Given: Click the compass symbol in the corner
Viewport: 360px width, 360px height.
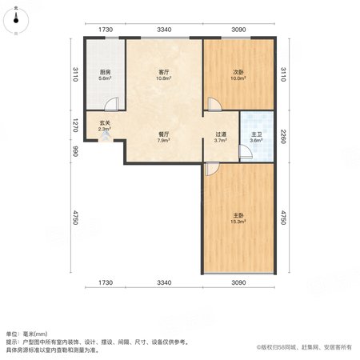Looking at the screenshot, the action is click(16, 21).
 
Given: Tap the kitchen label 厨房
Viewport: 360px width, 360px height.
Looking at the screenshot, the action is click(105, 72).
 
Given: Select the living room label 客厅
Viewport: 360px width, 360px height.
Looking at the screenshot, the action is click(164, 72).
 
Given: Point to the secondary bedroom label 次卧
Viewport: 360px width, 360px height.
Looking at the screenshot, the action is click(238, 72).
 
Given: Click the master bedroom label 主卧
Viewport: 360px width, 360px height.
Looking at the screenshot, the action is click(238, 215).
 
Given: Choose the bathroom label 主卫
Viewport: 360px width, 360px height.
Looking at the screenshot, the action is click(256, 134).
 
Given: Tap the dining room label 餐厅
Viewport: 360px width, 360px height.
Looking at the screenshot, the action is click(164, 134).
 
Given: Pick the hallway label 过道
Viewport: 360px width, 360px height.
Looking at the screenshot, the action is click(221, 134).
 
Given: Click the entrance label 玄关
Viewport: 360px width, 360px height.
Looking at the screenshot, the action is click(105, 123).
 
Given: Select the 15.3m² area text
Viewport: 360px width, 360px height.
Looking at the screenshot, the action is click(238, 222).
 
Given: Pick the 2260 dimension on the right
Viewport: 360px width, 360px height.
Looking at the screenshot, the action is click(283, 137).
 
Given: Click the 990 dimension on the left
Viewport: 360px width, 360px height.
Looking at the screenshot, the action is click(75, 151).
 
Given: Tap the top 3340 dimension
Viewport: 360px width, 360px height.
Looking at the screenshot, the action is click(164, 30).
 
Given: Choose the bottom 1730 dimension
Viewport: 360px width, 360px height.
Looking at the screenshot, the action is click(106, 282).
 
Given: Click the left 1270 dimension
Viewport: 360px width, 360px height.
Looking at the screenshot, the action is click(75, 126).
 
